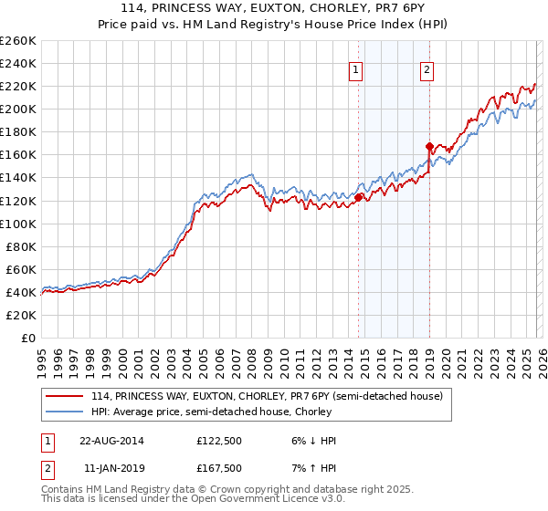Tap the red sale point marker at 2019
point(429,146)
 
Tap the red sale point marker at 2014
point(359,197)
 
